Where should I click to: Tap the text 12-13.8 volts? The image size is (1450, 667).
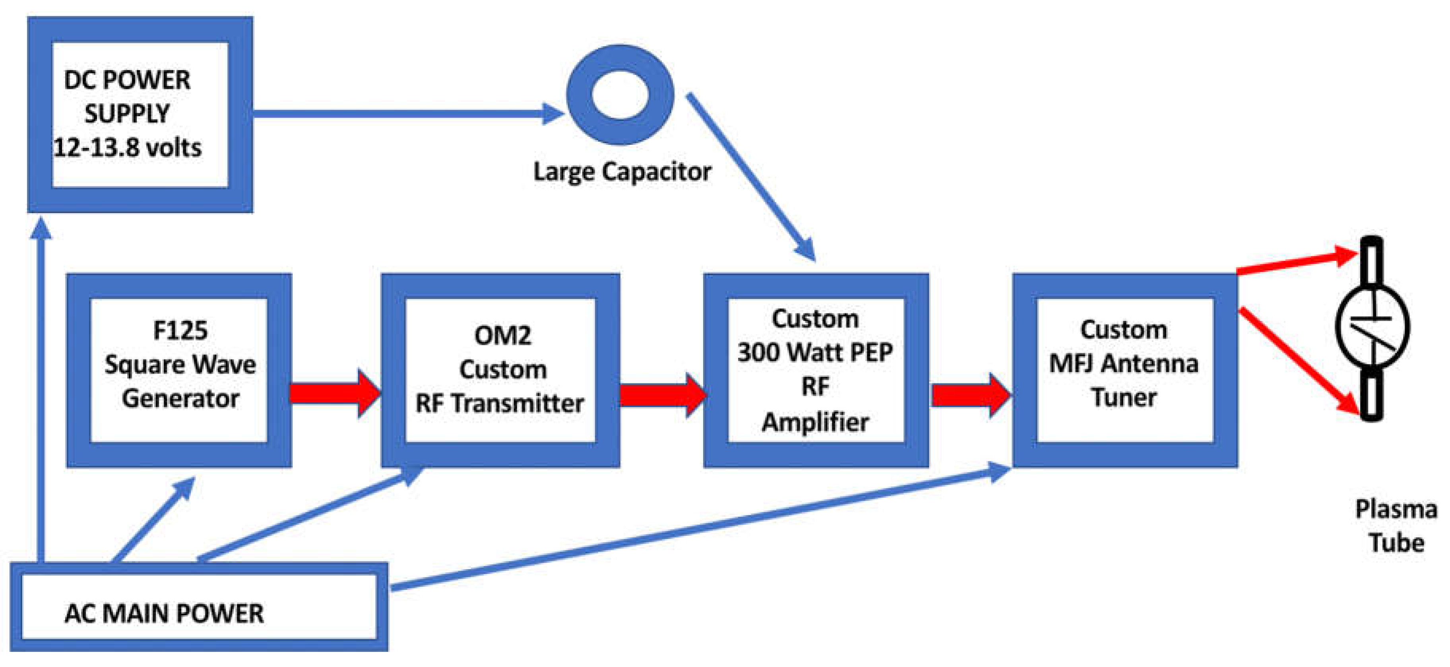127,148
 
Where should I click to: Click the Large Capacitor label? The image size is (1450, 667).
622,171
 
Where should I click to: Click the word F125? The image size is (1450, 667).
180,330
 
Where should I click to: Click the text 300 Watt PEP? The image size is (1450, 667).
815,353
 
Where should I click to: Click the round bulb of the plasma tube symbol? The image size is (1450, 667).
1372,326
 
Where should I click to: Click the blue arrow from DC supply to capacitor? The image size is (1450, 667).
405,113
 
